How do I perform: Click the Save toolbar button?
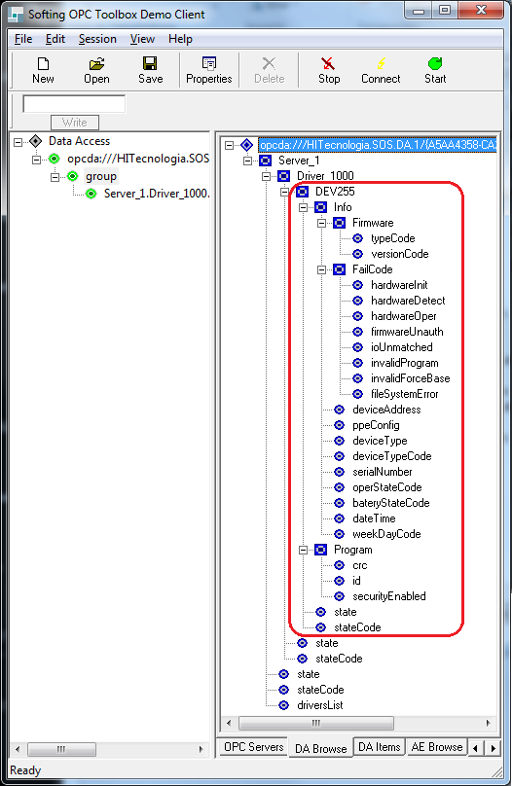(151, 70)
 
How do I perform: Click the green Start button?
(435, 70)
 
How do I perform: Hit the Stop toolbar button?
(329, 70)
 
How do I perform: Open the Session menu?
(97, 39)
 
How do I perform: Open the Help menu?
(180, 39)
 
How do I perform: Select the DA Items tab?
(379, 747)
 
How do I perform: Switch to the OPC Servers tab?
(254, 747)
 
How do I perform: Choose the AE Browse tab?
(437, 747)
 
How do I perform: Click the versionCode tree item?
(400, 254)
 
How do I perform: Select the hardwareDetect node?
(408, 301)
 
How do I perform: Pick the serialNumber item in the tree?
(383, 472)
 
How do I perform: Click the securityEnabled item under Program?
(389, 596)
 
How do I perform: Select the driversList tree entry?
(320, 705)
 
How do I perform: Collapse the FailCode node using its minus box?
(321, 270)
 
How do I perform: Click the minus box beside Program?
(303, 551)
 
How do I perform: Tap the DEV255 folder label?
(335, 192)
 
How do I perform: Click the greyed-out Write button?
(75, 123)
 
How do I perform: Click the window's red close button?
(481, 10)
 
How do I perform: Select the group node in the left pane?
(101, 176)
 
